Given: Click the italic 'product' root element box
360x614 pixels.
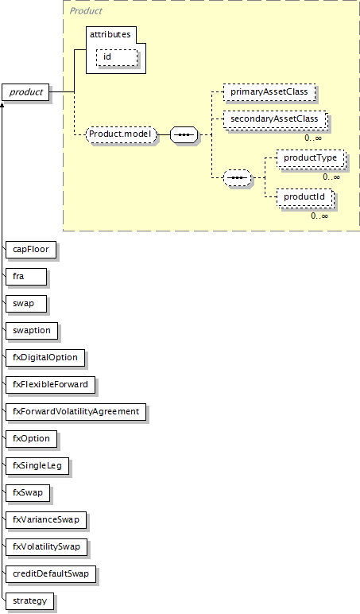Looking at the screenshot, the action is (x=25, y=92).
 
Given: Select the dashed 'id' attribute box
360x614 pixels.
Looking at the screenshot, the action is (x=117, y=57).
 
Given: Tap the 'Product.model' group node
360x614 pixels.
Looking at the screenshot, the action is (x=121, y=134).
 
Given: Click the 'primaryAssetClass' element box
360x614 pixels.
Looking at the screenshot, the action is (x=269, y=92).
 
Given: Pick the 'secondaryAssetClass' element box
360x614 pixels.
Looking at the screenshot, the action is (x=275, y=119).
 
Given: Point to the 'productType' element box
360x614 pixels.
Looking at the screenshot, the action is (x=311, y=158).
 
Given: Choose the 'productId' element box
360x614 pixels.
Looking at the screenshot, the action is (x=305, y=197).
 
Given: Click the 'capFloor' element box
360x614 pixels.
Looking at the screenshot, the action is (x=31, y=250).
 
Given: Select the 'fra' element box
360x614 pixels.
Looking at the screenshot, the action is (x=26, y=277).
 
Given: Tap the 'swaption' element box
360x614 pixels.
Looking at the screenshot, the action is (x=32, y=331).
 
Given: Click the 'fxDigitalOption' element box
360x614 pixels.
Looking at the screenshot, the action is (x=45, y=358).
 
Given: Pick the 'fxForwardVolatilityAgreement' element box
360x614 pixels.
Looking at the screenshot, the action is (x=76, y=412).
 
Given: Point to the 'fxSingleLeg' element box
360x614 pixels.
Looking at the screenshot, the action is (x=37, y=466).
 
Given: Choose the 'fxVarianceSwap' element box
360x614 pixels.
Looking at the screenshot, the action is (x=46, y=520).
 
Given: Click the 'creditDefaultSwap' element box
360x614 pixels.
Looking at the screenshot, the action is (x=51, y=574).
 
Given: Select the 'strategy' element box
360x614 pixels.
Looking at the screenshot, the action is (x=29, y=601).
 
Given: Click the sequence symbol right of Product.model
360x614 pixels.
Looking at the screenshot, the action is (x=184, y=134).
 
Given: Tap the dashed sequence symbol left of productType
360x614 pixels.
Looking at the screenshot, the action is (x=237, y=178).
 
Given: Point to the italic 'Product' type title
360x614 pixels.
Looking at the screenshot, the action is (x=86, y=11).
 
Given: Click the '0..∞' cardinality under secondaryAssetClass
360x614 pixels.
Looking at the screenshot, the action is (x=313, y=138).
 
